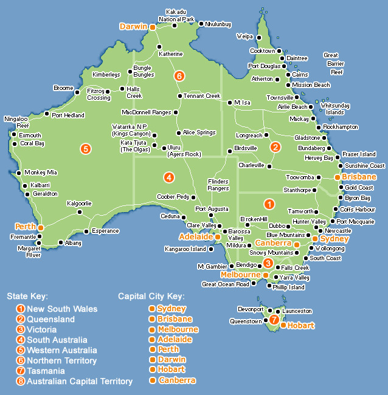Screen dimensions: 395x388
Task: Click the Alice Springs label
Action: click(199, 132)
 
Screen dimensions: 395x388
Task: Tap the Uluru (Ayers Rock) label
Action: click(184, 151)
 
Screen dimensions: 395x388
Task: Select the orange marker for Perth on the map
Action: click(41, 227)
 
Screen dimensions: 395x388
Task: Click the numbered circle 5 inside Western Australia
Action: click(86, 148)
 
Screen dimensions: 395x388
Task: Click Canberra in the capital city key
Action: click(177, 380)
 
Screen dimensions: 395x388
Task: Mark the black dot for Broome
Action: click(77, 93)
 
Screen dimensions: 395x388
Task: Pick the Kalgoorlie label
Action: click(79, 203)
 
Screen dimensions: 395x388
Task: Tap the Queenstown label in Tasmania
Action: click(245, 321)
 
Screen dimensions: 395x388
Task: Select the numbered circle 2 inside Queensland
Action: click(275, 146)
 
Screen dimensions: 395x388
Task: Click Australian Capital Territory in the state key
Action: click(80, 381)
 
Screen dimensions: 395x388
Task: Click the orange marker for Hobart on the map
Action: click(283, 326)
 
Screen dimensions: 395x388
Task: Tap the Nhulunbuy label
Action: click(218, 24)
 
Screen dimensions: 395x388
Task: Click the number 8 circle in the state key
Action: click(21, 381)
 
